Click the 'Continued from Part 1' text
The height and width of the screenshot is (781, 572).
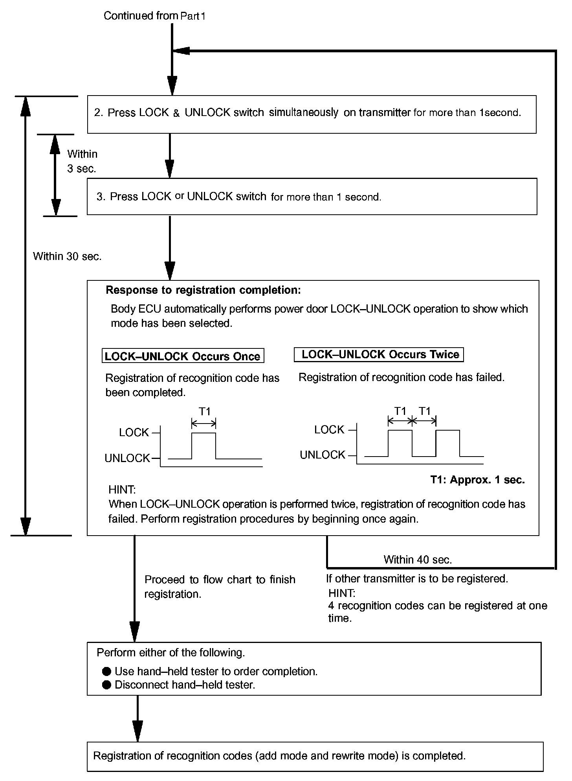point(154,16)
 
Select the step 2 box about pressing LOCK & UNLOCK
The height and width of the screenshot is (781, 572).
point(311,114)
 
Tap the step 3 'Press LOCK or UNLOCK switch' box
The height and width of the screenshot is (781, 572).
point(311,197)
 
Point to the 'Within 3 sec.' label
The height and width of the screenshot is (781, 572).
point(82,161)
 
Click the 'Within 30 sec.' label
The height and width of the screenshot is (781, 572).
point(67,256)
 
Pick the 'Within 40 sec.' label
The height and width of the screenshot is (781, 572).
point(418,560)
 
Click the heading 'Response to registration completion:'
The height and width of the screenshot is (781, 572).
point(203,290)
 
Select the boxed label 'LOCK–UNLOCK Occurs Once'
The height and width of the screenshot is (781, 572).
point(183,356)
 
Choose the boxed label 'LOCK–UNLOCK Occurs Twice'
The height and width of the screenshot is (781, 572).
point(379,355)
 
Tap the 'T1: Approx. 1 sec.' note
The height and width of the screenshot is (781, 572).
point(477,480)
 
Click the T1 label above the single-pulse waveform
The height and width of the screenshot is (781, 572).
point(205,412)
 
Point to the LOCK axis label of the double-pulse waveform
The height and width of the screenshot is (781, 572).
point(329,430)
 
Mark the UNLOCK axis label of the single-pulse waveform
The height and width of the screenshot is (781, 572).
point(127,458)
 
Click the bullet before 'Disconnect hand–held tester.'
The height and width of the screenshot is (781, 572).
point(106,685)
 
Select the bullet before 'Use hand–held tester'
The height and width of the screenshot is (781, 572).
point(106,671)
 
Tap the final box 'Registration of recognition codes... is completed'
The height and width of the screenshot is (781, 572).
point(314,756)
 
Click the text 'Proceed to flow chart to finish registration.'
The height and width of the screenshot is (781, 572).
point(219,587)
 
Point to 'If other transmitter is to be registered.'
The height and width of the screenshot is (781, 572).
point(417,579)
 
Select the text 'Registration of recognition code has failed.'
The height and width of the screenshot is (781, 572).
point(401,378)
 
